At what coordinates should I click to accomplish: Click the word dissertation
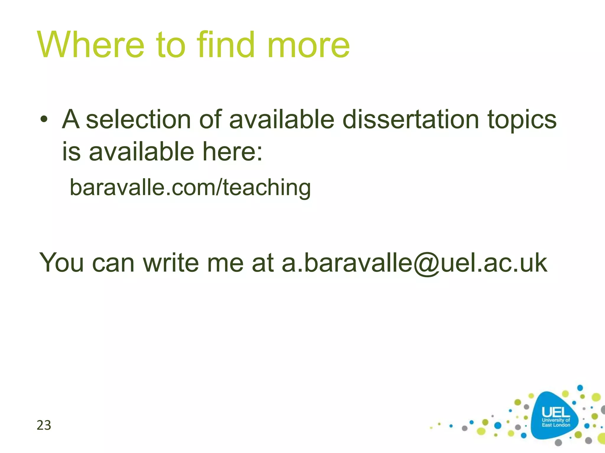click(x=410, y=119)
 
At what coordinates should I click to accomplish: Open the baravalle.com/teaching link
click(x=190, y=188)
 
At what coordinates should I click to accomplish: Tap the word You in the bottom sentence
click(x=61, y=262)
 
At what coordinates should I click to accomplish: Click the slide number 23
click(x=44, y=425)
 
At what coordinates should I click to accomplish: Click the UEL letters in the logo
click(x=555, y=412)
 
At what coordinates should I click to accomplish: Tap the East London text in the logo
click(x=556, y=425)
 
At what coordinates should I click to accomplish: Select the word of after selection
click(x=210, y=119)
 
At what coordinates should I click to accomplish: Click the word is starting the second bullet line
click(x=71, y=152)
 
